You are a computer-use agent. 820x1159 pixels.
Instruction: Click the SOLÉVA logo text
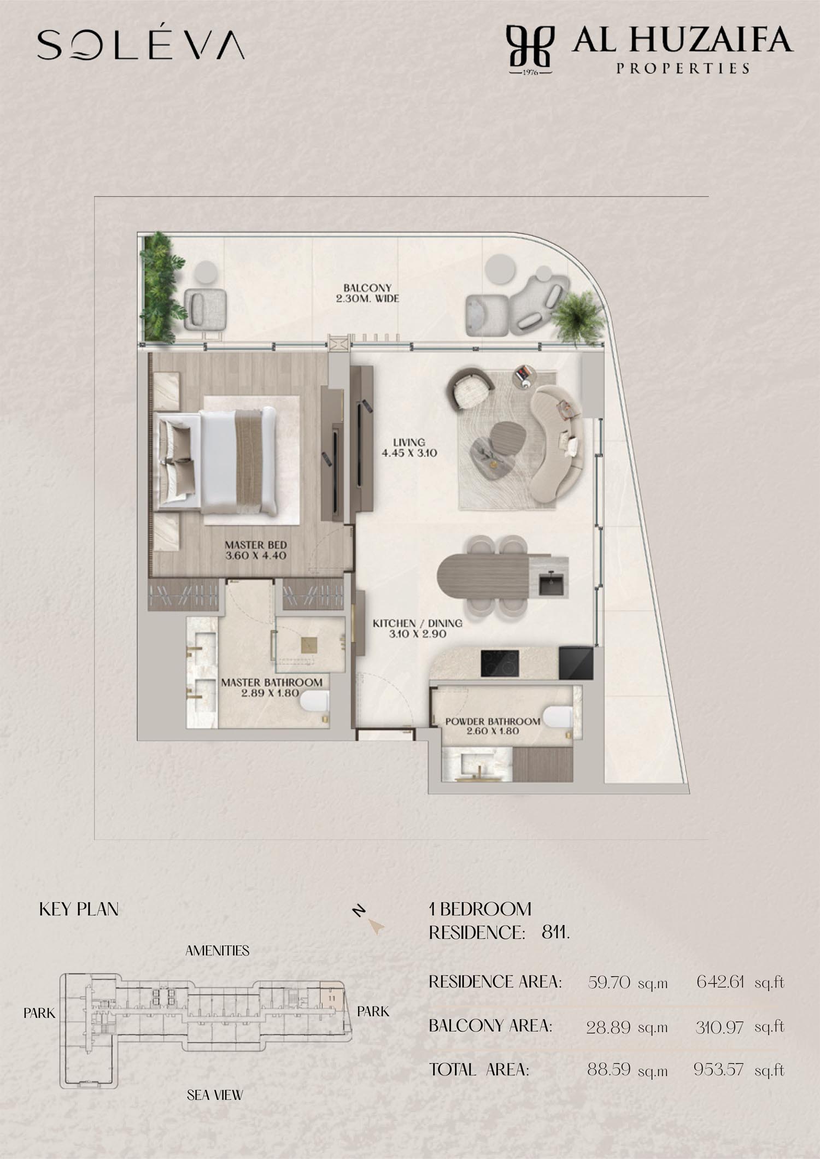tap(140, 44)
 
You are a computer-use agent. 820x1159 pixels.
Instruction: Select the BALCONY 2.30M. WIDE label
tap(367, 293)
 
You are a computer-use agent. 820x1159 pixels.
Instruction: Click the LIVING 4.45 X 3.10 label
tap(409, 447)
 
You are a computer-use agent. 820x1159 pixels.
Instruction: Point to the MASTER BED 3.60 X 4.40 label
tap(255, 550)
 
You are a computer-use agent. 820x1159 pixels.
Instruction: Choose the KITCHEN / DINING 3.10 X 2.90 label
tap(418, 628)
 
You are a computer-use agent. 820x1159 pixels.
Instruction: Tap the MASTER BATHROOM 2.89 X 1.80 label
tap(272, 687)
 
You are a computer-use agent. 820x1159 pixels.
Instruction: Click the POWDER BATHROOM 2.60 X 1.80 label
tap(493, 726)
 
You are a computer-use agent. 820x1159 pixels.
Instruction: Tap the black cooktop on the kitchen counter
tap(500, 663)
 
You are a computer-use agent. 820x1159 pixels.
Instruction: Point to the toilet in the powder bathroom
tap(559, 716)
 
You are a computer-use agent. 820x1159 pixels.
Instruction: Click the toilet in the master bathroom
tap(314, 702)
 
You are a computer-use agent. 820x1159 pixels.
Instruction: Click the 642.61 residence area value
tap(720, 982)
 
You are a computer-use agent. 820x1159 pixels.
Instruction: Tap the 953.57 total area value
tap(718, 1069)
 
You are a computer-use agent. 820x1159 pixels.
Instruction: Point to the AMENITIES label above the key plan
tap(217, 951)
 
